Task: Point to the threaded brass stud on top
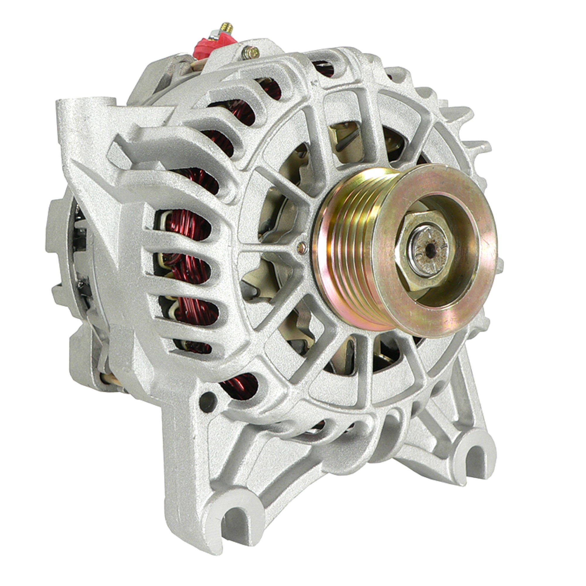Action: (227, 28)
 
